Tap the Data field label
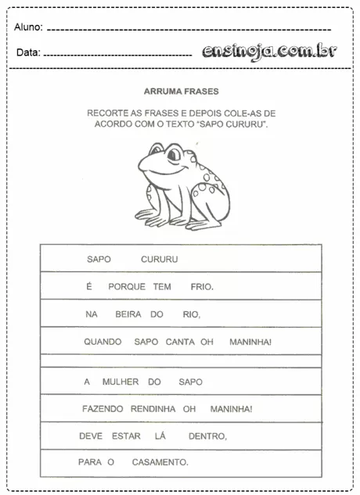[x=27, y=53]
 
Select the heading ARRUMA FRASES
[x=181, y=91]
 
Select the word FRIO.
[x=201, y=287]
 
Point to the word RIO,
[x=191, y=314]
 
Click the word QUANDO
[x=103, y=342]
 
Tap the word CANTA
[x=180, y=342]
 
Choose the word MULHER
[x=121, y=382]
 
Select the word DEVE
[x=91, y=436]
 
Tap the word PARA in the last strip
[x=90, y=462]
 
